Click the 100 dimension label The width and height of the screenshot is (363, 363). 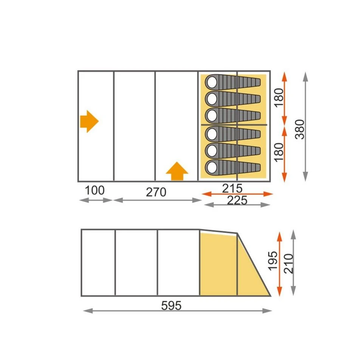[95, 190]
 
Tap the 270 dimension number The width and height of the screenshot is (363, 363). [156, 192]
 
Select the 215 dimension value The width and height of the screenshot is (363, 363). [232, 188]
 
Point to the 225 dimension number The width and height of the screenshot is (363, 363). [237, 200]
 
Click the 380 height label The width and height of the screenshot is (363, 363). [299, 129]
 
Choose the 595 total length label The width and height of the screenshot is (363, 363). [171, 306]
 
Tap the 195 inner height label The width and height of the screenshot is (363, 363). [273, 261]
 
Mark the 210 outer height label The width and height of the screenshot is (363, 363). [289, 264]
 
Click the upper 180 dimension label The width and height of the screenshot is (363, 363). [279, 98]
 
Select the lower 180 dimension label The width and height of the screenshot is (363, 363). [279, 152]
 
